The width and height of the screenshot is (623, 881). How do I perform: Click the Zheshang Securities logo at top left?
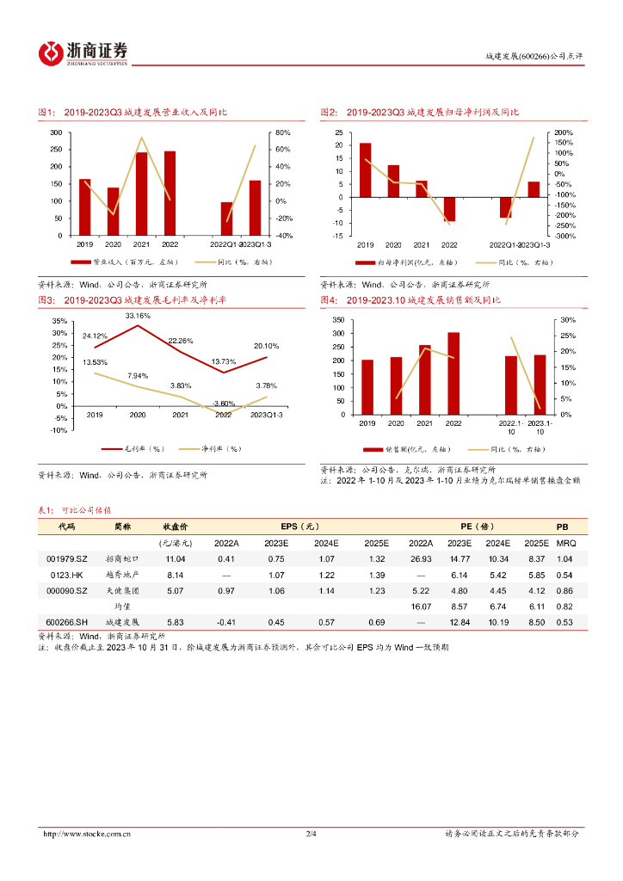tap(83, 52)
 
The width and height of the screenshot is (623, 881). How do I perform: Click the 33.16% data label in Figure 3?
tap(138, 316)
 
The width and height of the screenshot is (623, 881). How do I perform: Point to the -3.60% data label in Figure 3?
tap(224, 403)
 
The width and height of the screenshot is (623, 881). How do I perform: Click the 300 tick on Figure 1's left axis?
tap(56, 132)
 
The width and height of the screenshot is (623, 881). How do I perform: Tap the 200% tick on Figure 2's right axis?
tap(564, 132)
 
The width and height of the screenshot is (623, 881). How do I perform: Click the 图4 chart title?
tap(410, 300)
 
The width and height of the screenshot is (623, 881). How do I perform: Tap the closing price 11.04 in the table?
tap(176, 559)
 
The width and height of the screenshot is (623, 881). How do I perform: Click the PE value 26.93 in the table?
tap(421, 559)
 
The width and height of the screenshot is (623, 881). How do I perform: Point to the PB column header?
tap(562, 526)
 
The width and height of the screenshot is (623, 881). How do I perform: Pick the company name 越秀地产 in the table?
tap(121, 575)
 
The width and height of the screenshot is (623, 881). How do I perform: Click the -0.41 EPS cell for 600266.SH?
tap(226, 621)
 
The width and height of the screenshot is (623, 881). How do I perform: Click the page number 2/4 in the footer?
tap(311, 834)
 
